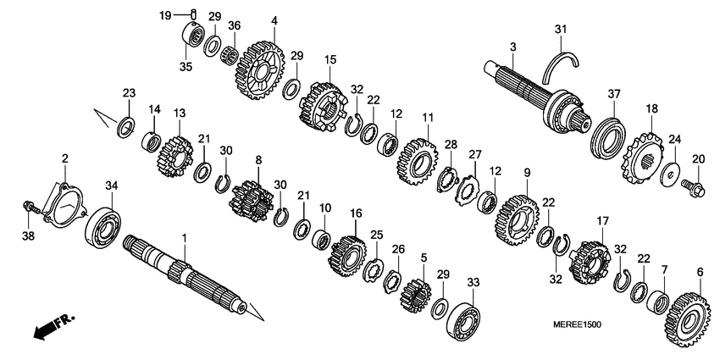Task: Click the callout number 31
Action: pos(560,30)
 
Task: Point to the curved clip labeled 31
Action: pos(562,67)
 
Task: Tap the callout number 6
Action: pos(700,272)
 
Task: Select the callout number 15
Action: pos(330,59)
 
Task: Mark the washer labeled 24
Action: pos(669,172)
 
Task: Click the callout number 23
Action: pos(129,92)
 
